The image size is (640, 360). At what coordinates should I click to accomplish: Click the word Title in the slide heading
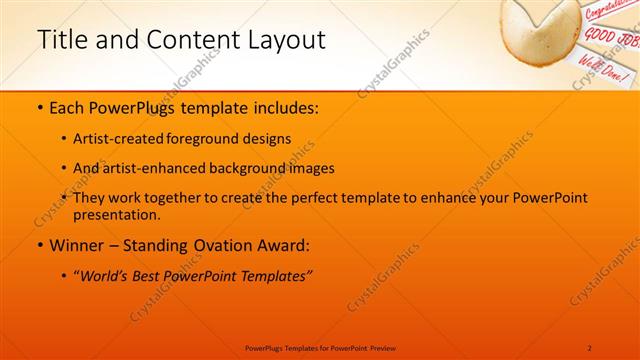(x=61, y=41)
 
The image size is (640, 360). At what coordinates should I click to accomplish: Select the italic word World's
(x=105, y=277)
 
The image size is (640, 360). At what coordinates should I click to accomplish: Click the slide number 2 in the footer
(x=590, y=347)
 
